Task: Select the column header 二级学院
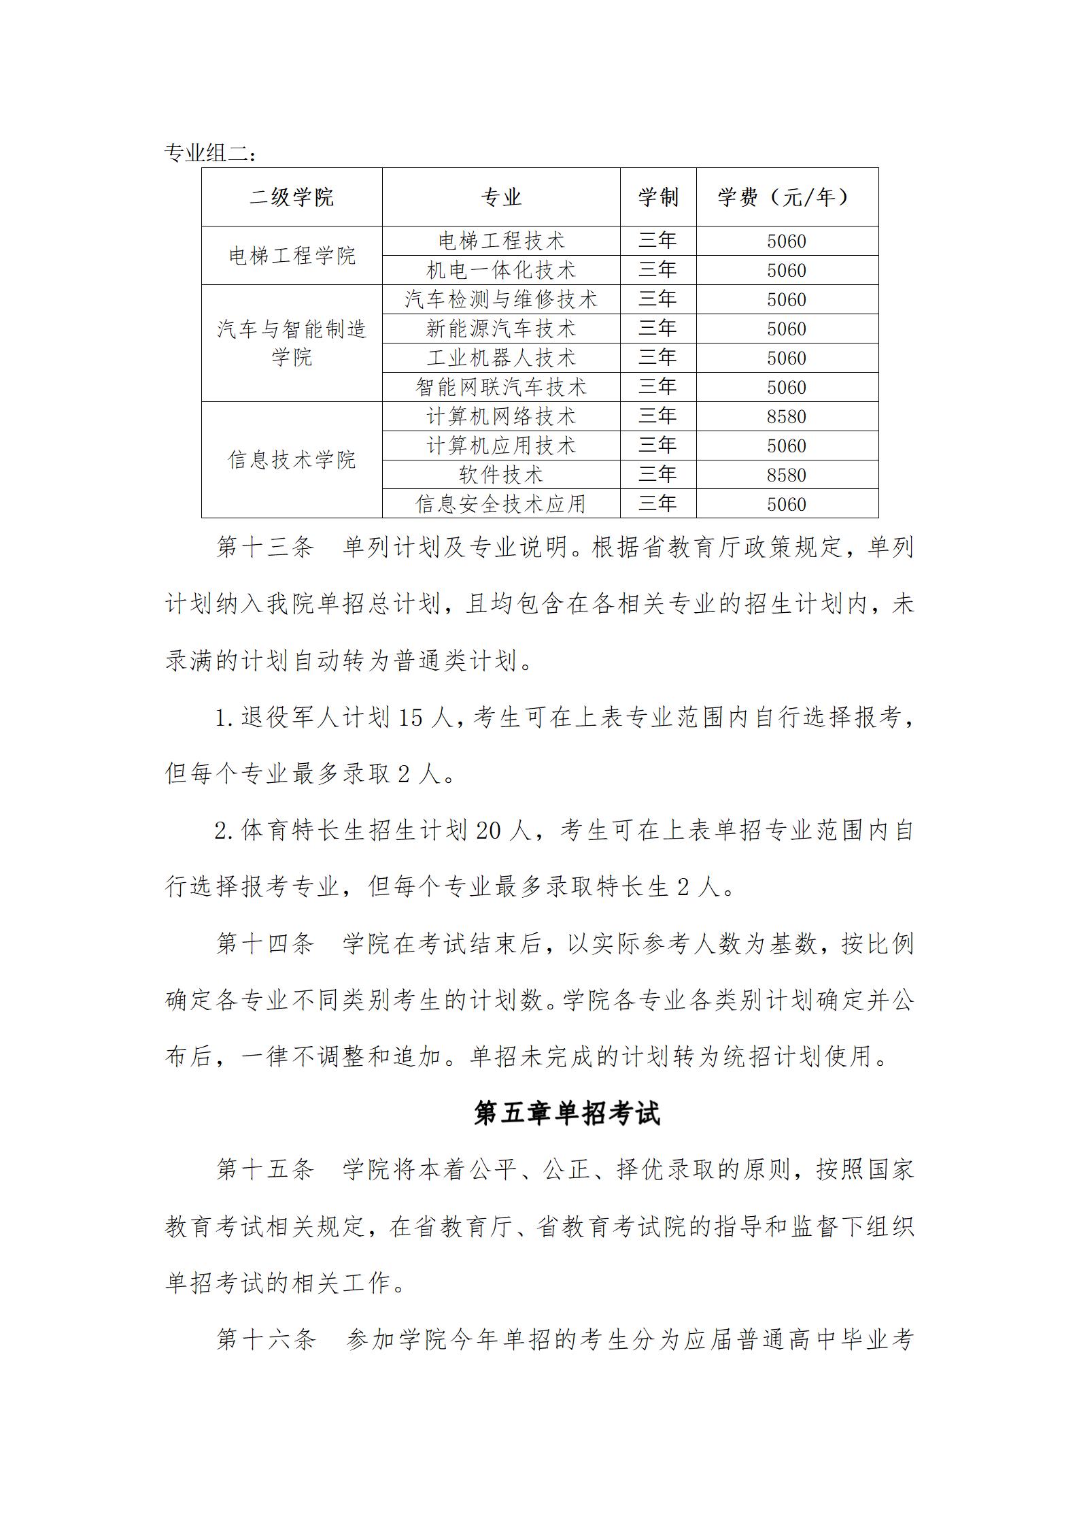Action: (x=292, y=197)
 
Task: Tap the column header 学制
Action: (x=657, y=197)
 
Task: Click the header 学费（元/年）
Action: (x=787, y=197)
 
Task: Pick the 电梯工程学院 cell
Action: (x=292, y=256)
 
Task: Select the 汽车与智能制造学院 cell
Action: (x=292, y=343)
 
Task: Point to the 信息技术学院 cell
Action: (x=292, y=460)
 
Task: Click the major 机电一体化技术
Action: (x=501, y=270)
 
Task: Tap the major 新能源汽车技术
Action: (x=501, y=329)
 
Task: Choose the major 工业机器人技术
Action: (x=501, y=358)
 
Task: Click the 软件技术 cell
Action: (x=501, y=475)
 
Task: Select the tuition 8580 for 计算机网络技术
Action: (x=787, y=416)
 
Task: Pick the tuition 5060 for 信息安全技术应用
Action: (x=787, y=504)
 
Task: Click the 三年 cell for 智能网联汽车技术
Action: (x=657, y=387)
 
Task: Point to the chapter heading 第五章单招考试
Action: (x=567, y=1113)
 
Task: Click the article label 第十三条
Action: (x=265, y=547)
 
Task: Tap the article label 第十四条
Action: (x=265, y=943)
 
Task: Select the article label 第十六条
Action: (x=266, y=1339)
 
